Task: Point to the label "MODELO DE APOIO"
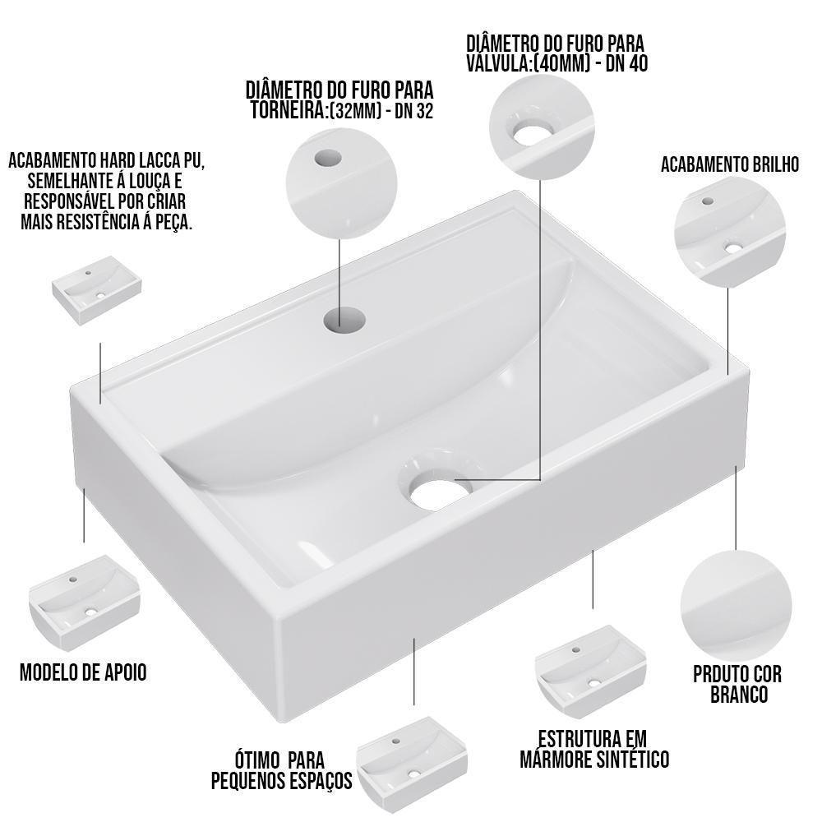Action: (83, 672)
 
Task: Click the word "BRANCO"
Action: (739, 695)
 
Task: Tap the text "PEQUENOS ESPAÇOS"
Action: (281, 779)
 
